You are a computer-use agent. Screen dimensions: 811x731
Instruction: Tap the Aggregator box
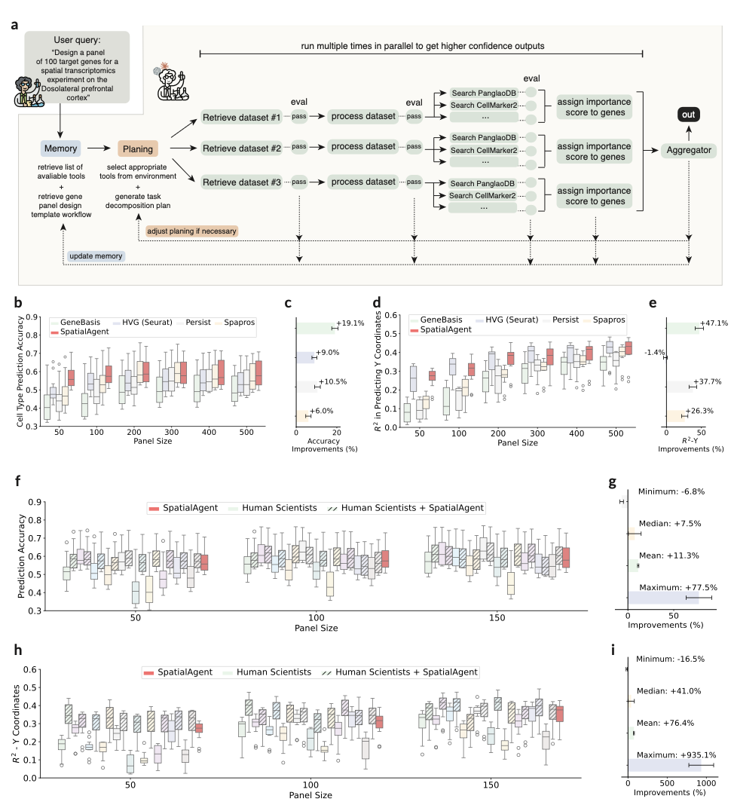(x=689, y=151)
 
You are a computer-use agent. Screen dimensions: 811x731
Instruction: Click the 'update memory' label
(x=96, y=256)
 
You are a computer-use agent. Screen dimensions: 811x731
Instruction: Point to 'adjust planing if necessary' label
(x=187, y=231)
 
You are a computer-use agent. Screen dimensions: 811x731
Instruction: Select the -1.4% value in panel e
(x=656, y=351)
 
